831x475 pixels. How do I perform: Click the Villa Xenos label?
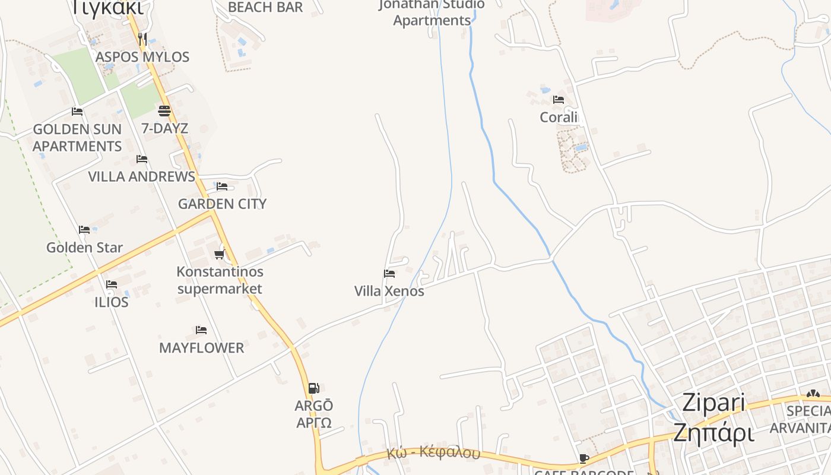[389, 291]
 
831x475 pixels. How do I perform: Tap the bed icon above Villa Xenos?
[389, 274]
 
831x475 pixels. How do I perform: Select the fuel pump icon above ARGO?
[313, 388]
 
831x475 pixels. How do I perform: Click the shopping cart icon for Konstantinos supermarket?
[219, 255]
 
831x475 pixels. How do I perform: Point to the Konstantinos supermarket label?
[220, 280]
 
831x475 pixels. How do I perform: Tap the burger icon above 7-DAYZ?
[164, 111]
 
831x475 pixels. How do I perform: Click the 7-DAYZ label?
[164, 128]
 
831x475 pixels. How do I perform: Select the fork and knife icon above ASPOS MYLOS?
[142, 39]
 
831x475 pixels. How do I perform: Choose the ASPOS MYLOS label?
[142, 57]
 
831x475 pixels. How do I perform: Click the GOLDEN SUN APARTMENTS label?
[77, 138]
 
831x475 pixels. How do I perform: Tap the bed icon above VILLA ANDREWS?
[142, 159]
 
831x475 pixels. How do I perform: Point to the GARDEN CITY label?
[223, 204]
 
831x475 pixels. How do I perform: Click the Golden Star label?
[85, 248]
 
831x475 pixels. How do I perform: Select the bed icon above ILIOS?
[111, 284]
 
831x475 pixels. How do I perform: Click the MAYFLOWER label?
[201, 348]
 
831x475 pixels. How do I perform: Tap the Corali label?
[559, 117]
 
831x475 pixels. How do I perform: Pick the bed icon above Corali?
[559, 100]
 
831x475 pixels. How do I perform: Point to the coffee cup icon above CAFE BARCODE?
[584, 458]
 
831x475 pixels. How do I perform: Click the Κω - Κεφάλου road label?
[433, 452]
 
